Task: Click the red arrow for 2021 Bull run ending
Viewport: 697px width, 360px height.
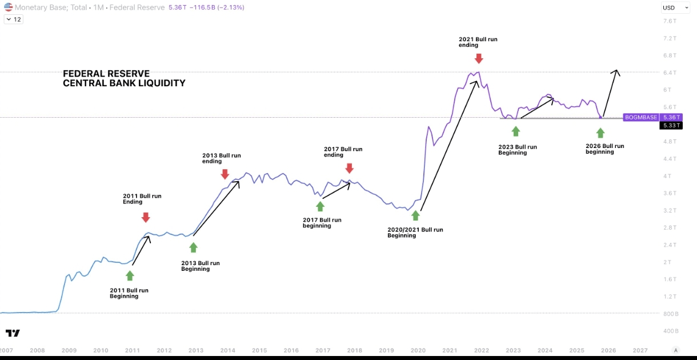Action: [479, 58]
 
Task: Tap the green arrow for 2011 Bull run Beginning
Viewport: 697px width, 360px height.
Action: [130, 275]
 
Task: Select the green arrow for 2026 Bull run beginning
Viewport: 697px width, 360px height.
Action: [600, 133]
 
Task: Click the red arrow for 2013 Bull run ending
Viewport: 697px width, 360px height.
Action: [225, 174]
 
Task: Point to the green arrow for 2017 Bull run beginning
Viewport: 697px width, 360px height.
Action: [320, 206]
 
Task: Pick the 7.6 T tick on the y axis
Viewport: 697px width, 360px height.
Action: [670, 21]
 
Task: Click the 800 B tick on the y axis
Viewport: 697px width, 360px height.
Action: [670, 314]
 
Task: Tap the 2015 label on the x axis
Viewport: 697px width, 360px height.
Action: [259, 350]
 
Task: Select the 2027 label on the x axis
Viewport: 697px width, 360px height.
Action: [640, 350]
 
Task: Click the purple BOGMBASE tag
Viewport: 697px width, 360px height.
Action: [641, 117]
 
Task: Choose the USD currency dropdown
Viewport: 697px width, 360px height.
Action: [670, 7]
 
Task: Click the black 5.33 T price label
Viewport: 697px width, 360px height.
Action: [670, 126]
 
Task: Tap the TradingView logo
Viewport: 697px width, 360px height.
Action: [13, 333]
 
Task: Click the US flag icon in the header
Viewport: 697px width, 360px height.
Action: [8, 7]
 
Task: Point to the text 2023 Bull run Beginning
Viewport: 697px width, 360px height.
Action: [518, 150]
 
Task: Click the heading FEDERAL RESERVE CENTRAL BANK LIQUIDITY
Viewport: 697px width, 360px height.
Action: [124, 78]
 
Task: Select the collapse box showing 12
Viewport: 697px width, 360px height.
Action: [14, 19]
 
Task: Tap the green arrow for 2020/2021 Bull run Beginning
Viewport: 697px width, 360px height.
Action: [415, 215]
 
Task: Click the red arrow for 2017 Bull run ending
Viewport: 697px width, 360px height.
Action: [349, 169]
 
